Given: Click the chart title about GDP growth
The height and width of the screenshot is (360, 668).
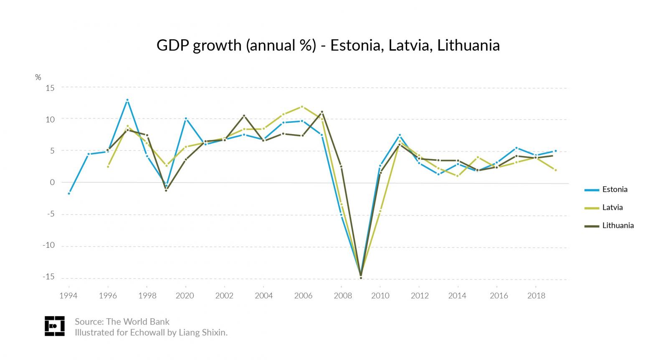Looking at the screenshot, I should click(328, 45).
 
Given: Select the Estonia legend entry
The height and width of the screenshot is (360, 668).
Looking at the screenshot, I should click(614, 190).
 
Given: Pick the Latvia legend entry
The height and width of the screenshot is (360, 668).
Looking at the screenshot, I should click(612, 208).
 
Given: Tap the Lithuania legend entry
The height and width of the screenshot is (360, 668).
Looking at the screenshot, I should click(617, 226).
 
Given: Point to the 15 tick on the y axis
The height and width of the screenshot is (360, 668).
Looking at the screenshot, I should click(51, 87).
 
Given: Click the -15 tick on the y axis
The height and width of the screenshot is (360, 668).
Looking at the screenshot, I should click(48, 277).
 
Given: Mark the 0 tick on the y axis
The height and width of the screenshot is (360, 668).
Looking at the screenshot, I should click(53, 182).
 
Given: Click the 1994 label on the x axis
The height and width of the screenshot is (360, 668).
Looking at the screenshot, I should click(68, 296).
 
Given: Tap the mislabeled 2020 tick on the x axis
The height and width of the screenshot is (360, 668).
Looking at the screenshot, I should click(185, 296).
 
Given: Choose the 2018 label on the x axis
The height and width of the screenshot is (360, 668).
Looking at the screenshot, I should click(536, 296).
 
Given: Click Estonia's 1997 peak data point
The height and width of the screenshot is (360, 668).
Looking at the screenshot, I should click(127, 100).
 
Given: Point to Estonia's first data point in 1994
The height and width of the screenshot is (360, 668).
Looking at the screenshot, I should click(69, 193).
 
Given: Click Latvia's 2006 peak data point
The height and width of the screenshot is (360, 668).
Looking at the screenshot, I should click(302, 106).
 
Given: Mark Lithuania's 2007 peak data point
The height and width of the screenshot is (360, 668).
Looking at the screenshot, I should click(322, 112).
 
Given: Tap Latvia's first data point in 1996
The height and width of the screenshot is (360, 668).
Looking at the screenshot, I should click(108, 167).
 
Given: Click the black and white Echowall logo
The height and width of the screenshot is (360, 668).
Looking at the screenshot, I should click(55, 326).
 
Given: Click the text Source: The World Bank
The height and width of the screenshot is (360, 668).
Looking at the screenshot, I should click(122, 322).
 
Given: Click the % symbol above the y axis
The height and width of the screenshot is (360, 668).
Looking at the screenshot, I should click(38, 77).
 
